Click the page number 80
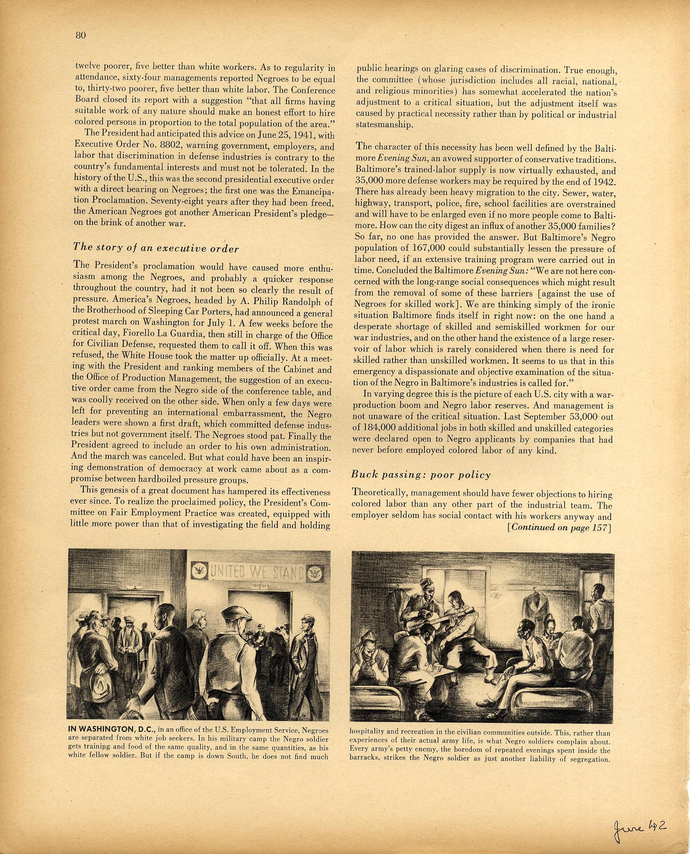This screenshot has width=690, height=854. coord(80,35)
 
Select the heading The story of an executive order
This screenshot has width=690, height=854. coord(155,247)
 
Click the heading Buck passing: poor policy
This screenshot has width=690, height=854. coord(421,475)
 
